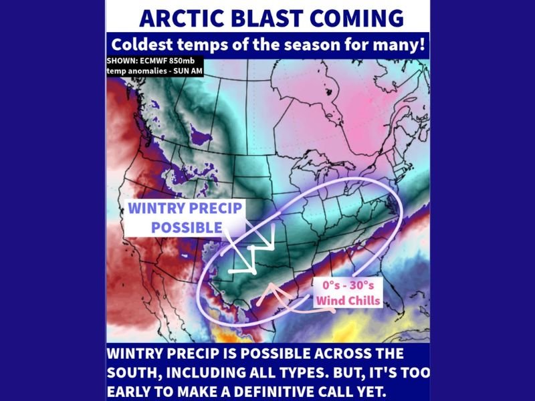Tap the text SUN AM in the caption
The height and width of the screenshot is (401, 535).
pos(186,70)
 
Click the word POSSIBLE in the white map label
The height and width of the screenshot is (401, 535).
pos(187,227)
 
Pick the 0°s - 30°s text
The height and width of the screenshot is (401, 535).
pos(348,285)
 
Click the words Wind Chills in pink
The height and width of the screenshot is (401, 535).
pos(348,300)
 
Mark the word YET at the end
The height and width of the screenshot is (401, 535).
pos(395,389)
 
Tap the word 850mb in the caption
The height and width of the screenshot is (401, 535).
pos(185,61)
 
